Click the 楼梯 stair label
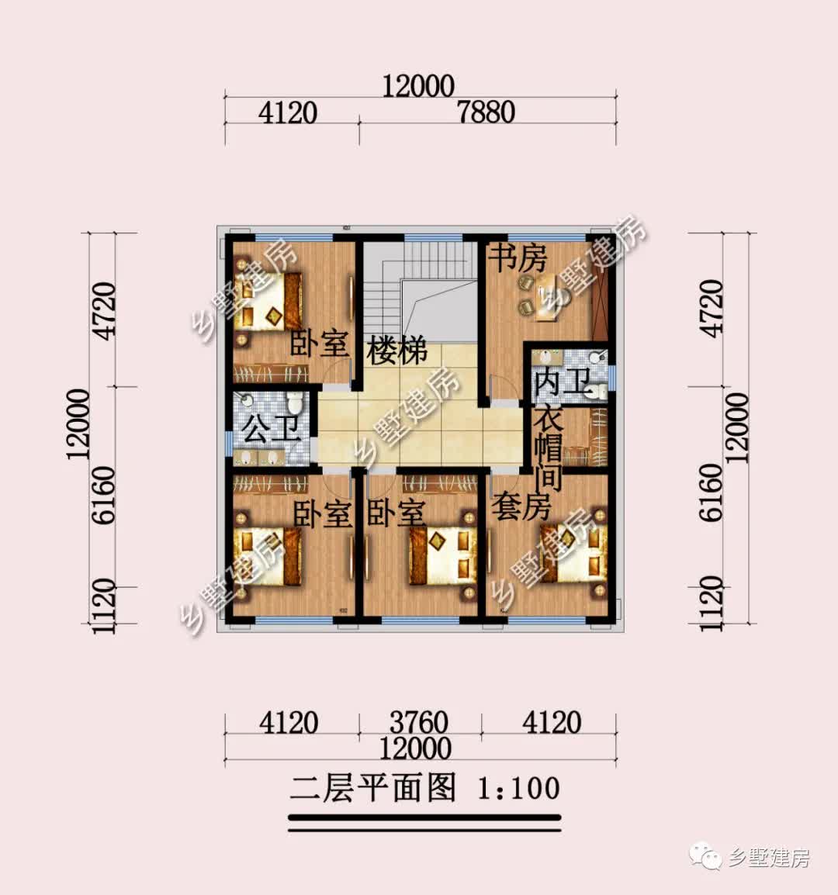[x=397, y=351]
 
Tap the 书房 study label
[x=518, y=258]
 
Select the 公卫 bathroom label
[x=272, y=428]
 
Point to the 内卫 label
[x=563, y=383]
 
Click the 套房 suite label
[x=521, y=508]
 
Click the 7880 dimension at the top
[x=487, y=113]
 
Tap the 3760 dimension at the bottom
[x=418, y=723]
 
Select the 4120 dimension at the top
[x=288, y=113]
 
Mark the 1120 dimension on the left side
[x=103, y=605]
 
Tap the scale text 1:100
[x=518, y=789]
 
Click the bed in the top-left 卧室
[x=268, y=300]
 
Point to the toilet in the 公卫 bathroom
[x=294, y=404]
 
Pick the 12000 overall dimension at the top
[x=418, y=86]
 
